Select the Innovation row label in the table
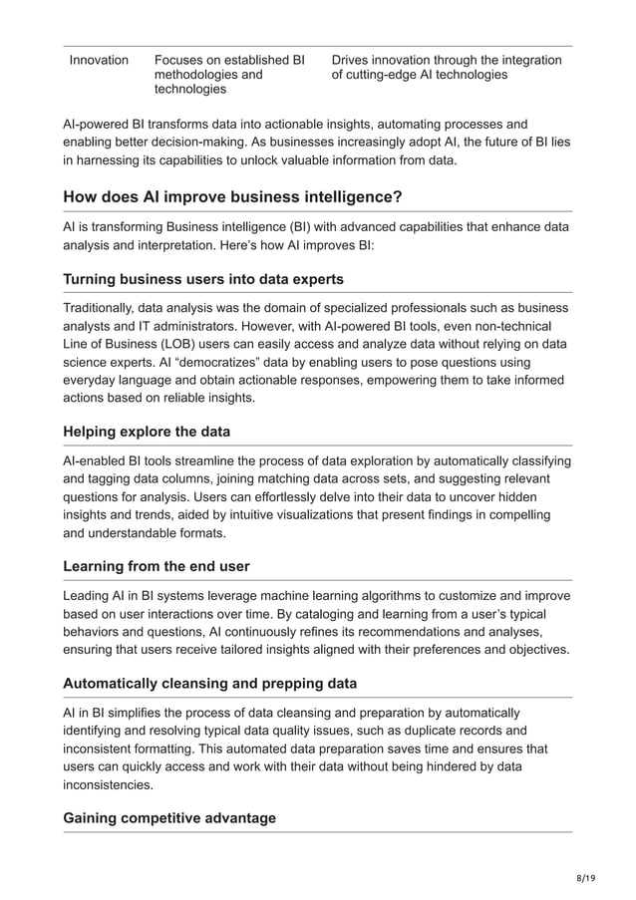(x=99, y=61)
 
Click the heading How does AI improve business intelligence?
(x=232, y=196)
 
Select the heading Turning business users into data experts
(x=203, y=279)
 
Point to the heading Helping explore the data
(x=146, y=432)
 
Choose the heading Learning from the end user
(x=156, y=566)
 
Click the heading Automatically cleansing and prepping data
(x=209, y=684)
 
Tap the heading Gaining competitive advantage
(x=169, y=818)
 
